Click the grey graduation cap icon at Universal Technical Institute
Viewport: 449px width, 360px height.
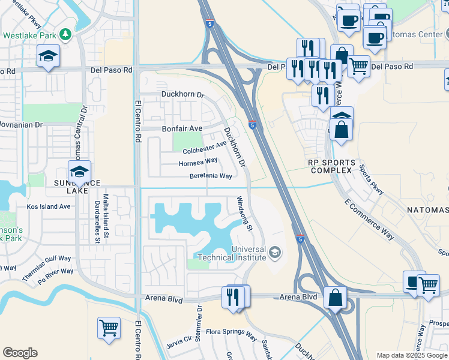click(x=275, y=252)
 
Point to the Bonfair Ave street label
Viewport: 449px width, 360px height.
click(x=182, y=128)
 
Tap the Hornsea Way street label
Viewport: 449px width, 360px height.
click(x=197, y=162)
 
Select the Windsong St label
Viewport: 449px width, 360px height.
click(x=244, y=214)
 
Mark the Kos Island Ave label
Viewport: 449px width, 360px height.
click(x=49, y=206)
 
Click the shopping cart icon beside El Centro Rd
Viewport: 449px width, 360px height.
click(x=109, y=328)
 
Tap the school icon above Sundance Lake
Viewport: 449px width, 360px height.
click(x=79, y=172)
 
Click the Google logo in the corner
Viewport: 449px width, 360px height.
click(x=20, y=353)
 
